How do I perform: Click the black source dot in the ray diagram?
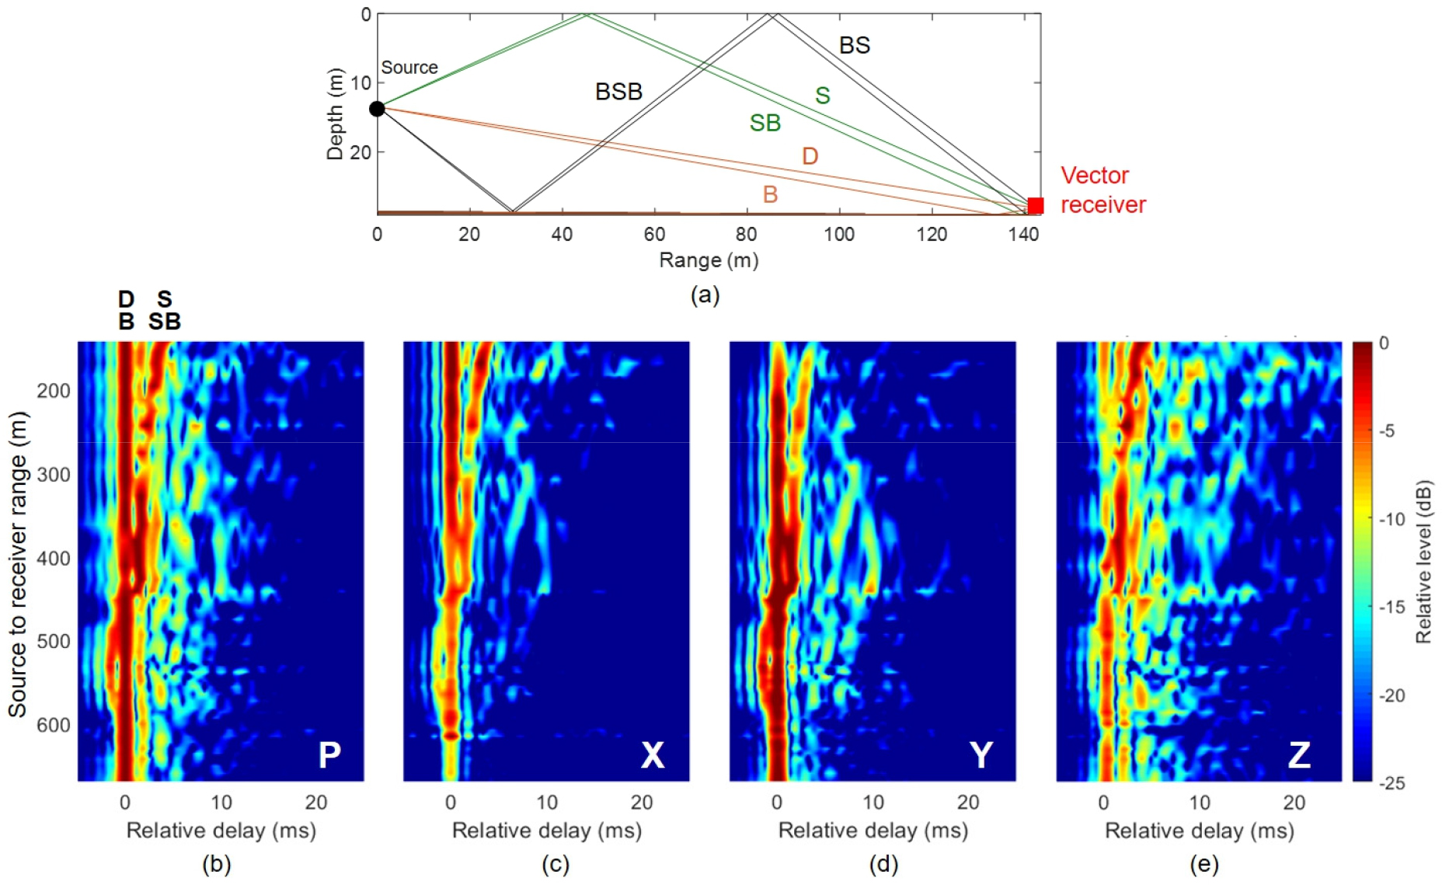[377, 109]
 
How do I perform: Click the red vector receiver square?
[1035, 205]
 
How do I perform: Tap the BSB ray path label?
[618, 92]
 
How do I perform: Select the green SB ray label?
[765, 123]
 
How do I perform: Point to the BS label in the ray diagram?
[855, 45]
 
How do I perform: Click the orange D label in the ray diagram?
[810, 156]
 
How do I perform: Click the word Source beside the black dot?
[409, 68]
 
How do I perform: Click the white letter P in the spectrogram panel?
[329, 754]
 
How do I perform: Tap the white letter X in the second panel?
[653, 754]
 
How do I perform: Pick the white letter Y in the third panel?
[981, 754]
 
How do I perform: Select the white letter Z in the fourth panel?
[1299, 754]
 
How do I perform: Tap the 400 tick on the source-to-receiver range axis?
[54, 558]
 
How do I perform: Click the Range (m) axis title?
[709, 260]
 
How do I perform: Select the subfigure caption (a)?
[705, 294]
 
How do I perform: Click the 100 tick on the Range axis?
[838, 234]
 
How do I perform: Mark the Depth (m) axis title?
[335, 114]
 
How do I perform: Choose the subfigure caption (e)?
[1203, 863]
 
